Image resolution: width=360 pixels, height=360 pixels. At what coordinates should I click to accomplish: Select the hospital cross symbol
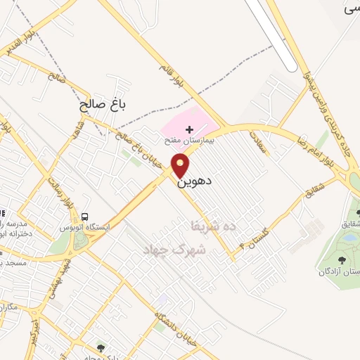click(188, 130)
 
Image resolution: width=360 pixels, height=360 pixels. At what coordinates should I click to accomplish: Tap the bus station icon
click(86, 216)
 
